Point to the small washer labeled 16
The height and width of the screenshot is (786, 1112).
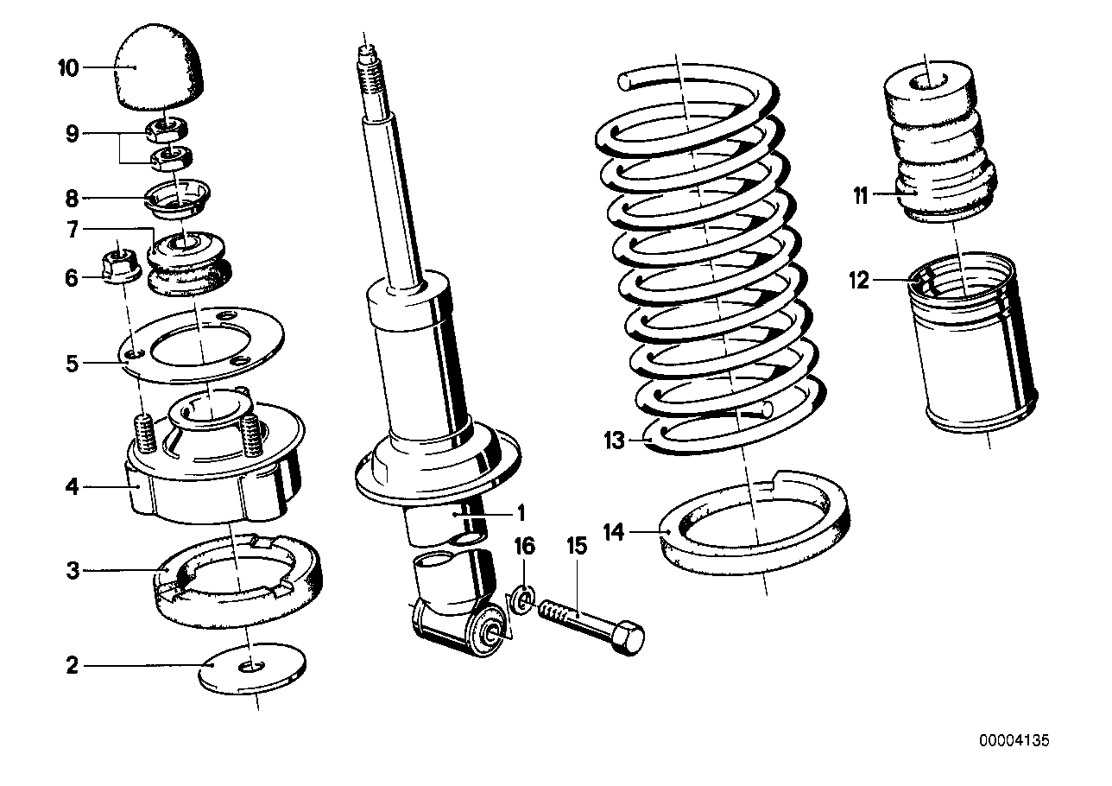[x=521, y=599]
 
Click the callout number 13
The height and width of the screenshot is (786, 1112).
[x=614, y=441]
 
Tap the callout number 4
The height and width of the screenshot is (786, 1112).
[x=72, y=487]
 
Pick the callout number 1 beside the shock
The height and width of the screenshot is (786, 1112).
[x=521, y=512]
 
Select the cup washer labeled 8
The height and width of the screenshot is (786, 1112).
[x=179, y=198]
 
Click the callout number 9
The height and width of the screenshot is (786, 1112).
[x=72, y=134]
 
